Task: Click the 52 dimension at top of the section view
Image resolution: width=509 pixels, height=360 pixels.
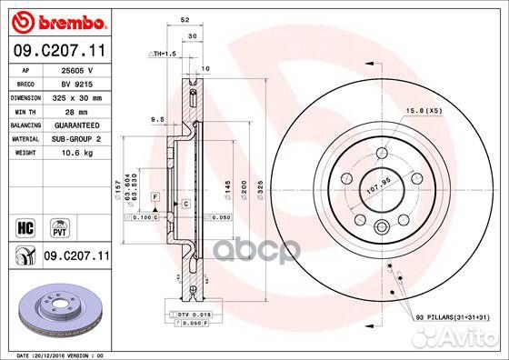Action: point(185,18)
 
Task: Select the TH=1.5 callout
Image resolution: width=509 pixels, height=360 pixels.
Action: point(162,54)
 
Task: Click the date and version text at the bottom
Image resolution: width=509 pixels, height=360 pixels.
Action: point(56,355)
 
